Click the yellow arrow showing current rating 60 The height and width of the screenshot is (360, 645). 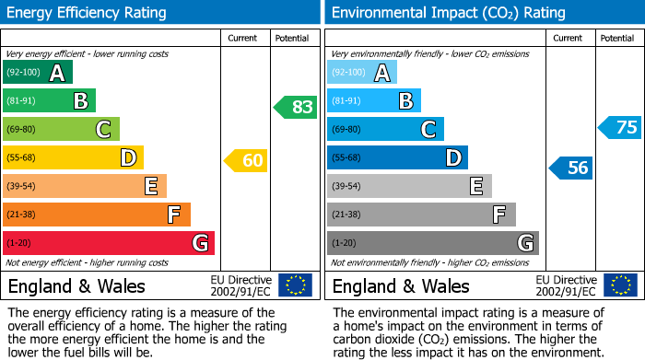[x=246, y=160]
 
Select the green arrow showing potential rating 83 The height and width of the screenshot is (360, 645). [x=296, y=107]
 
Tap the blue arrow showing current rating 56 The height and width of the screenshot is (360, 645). [x=571, y=168]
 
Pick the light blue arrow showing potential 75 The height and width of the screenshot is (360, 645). [x=620, y=127]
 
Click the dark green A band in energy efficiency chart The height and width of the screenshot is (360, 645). [x=37, y=73]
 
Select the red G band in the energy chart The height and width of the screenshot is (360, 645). [x=108, y=243]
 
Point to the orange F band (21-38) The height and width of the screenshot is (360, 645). [x=96, y=215]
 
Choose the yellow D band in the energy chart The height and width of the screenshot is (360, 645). [x=73, y=157]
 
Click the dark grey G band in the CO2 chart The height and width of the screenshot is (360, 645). [x=432, y=243]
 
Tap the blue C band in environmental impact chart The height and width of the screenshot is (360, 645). [x=385, y=129]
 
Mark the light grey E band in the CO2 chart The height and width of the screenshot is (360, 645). [x=409, y=186]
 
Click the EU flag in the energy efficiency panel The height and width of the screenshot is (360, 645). [x=295, y=285]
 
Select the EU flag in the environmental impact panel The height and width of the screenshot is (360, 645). [x=619, y=285]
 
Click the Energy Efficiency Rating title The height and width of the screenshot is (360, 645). [x=88, y=13]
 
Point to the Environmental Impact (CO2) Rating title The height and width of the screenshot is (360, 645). [x=448, y=13]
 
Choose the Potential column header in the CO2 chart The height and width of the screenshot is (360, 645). [x=616, y=38]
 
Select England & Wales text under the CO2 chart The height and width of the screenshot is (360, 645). [x=401, y=285]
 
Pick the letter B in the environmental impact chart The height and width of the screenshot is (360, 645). [x=405, y=101]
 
